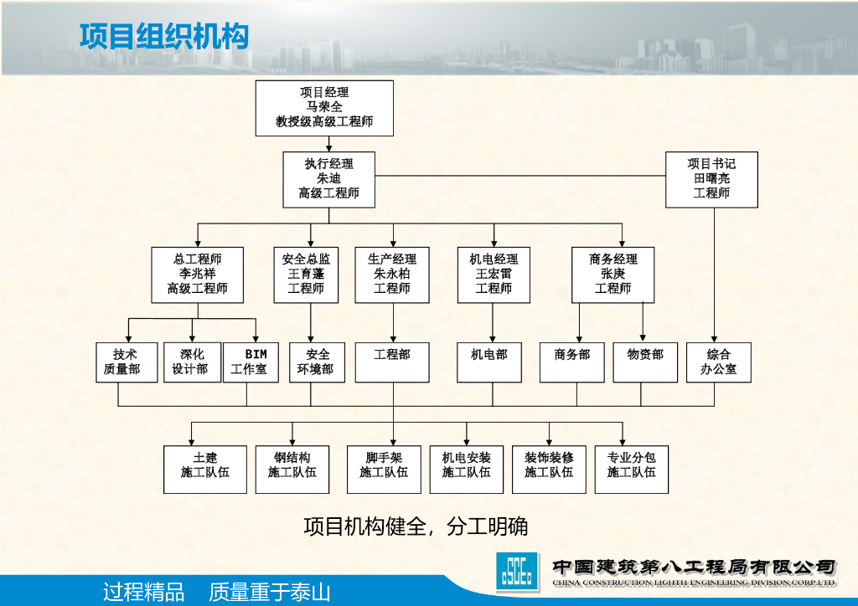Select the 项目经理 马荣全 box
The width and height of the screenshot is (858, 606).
click(324, 108)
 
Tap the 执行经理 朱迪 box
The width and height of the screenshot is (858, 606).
click(328, 179)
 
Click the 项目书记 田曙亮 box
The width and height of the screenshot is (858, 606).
click(711, 179)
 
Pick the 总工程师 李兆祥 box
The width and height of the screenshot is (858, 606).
click(198, 275)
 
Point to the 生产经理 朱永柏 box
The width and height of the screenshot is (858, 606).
click(392, 275)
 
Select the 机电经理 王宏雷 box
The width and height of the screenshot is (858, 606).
click(494, 275)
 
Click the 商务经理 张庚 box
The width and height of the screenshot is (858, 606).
click(612, 275)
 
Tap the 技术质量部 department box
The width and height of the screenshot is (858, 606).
click(127, 362)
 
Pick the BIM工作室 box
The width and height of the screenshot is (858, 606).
click(251, 362)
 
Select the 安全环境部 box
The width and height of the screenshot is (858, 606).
click(318, 362)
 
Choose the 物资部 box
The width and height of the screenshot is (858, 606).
click(644, 362)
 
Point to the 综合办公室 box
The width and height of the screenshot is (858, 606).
click(718, 362)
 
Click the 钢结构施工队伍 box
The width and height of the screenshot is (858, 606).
click(292, 469)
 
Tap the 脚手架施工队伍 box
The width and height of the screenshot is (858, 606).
click(384, 469)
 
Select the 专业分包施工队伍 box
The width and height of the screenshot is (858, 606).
click(631, 469)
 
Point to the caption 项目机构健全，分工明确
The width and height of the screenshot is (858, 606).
click(416, 526)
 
